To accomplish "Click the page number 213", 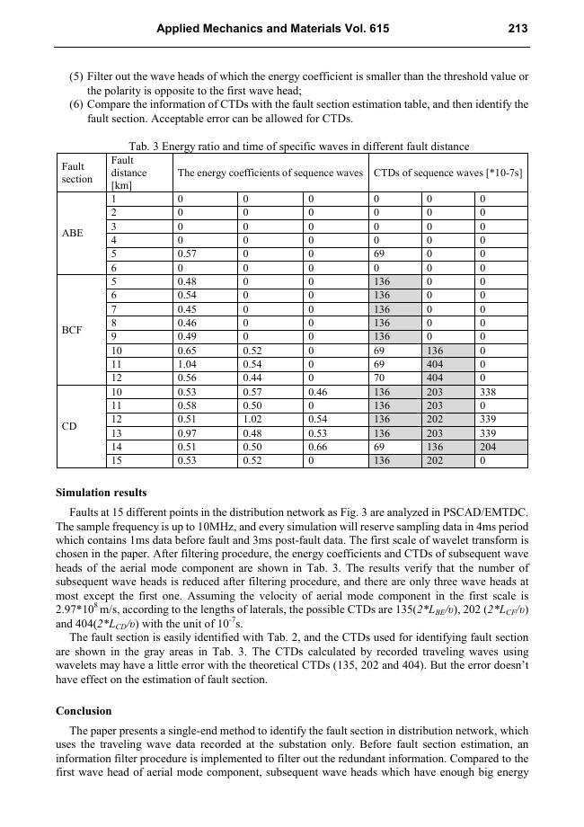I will [x=517, y=29].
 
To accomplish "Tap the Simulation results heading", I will [x=102, y=493].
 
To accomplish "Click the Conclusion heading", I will [x=84, y=710].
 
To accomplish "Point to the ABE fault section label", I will [x=73, y=233].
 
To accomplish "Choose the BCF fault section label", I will [x=73, y=330].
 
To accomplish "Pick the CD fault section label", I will [x=69, y=426].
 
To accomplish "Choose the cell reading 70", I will [x=379, y=378].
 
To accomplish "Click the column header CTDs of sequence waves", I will [x=447, y=172].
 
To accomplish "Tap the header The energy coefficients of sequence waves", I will [x=270, y=172].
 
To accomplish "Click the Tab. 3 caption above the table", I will [x=299, y=147].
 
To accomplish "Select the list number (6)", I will [x=76, y=105].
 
